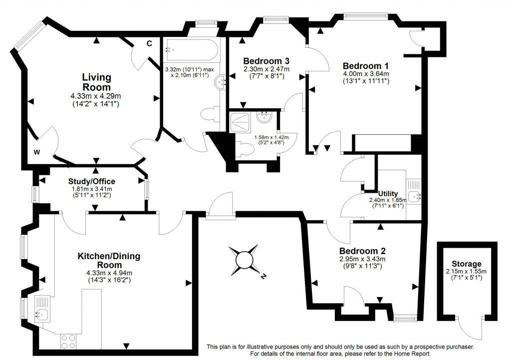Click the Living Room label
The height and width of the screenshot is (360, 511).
click(96, 82)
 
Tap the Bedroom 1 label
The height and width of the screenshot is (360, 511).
click(366, 66)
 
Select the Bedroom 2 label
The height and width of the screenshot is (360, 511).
click(362, 251)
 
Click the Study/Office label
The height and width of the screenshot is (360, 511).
click(92, 181)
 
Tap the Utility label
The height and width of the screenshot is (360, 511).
click(388, 193)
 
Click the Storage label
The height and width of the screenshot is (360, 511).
click(467, 264)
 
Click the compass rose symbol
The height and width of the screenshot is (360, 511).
click(245, 260)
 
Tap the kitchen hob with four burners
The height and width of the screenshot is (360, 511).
click(68, 341)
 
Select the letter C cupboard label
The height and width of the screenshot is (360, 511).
click(149, 44)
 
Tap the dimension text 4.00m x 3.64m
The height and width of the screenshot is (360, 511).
click(366, 74)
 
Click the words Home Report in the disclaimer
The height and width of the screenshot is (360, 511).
click(400, 354)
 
